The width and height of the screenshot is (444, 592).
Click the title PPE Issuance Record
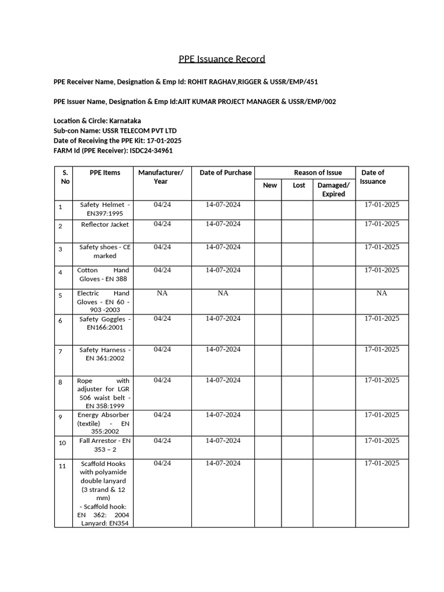[x=221, y=59]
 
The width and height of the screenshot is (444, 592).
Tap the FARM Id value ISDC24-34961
[x=151, y=150]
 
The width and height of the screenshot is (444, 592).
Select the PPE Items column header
[x=105, y=172]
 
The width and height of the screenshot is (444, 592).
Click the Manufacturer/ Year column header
[x=161, y=177]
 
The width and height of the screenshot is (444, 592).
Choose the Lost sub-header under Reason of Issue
[x=299, y=186]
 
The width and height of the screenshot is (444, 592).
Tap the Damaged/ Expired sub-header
[x=334, y=190]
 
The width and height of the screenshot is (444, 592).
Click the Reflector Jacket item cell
[x=105, y=224]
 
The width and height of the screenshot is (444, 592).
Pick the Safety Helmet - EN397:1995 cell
[x=105, y=209]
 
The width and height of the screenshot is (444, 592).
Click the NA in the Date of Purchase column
[x=223, y=293]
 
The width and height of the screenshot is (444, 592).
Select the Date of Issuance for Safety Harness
[x=382, y=349]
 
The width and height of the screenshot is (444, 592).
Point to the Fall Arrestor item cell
[x=105, y=445]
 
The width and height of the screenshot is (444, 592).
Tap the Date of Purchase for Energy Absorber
[x=223, y=415]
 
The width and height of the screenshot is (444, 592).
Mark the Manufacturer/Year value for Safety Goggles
[x=162, y=319]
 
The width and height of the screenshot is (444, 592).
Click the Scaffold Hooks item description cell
[x=104, y=493]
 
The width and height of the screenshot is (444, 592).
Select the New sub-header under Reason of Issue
[x=270, y=186]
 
